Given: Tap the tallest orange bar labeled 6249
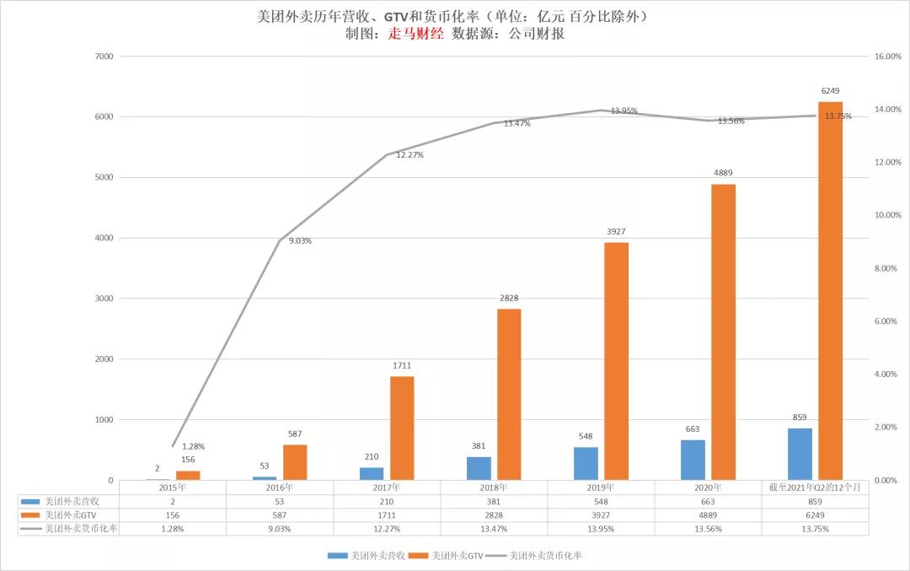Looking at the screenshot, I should pos(831,290).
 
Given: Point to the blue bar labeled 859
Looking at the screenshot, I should pos(800,454).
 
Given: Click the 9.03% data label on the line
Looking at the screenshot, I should pos(300,241).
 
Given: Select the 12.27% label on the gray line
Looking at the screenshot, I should pos(409,155).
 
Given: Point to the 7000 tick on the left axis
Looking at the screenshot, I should pos(104,57).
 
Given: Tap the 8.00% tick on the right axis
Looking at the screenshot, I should pos(886,268).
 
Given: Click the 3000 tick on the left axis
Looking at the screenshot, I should pos(104,299).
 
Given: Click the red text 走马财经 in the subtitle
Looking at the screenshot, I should pos(415,34).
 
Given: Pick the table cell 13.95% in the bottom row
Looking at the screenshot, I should pos(601,528).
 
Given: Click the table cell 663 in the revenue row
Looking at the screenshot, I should pos(708,500).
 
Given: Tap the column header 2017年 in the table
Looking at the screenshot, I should pos(387,487).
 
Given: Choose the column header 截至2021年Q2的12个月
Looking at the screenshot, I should pos(814,487).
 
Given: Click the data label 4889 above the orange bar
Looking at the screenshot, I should pos(723,173).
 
